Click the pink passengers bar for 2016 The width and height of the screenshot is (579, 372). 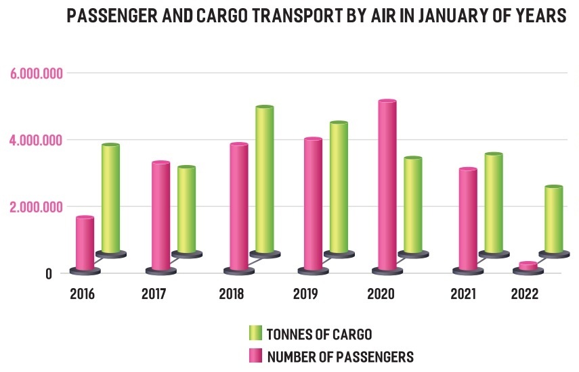point(85,243)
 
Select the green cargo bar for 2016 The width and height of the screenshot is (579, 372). point(110,200)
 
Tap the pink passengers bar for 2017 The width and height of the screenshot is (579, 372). point(160,216)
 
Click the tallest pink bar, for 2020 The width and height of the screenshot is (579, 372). point(387,186)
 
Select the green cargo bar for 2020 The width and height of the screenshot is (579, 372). point(413,206)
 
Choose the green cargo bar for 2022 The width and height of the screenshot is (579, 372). point(554,220)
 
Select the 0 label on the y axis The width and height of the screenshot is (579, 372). point(30,273)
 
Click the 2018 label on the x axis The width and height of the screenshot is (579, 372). point(232,294)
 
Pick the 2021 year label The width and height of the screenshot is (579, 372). point(463,294)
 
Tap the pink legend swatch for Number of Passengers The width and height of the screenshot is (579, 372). point(255,356)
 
